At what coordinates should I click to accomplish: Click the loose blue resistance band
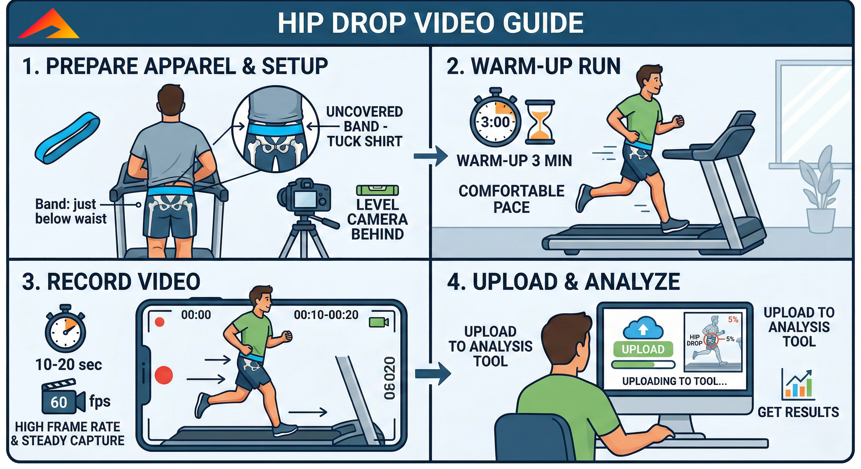(x=67, y=137)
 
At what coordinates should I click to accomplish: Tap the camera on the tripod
(x=305, y=197)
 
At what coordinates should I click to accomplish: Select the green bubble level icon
(x=377, y=190)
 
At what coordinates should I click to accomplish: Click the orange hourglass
(x=540, y=122)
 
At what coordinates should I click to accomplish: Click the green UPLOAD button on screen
(x=643, y=350)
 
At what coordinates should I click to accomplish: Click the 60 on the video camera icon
(x=59, y=402)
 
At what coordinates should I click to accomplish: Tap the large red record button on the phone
(x=164, y=375)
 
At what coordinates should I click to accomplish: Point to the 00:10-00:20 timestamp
(x=326, y=315)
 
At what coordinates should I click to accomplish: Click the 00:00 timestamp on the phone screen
(x=196, y=315)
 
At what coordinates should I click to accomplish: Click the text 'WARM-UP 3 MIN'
(x=514, y=161)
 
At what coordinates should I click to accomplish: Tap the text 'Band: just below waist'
(x=70, y=211)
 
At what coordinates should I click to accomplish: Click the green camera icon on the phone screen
(x=378, y=322)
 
